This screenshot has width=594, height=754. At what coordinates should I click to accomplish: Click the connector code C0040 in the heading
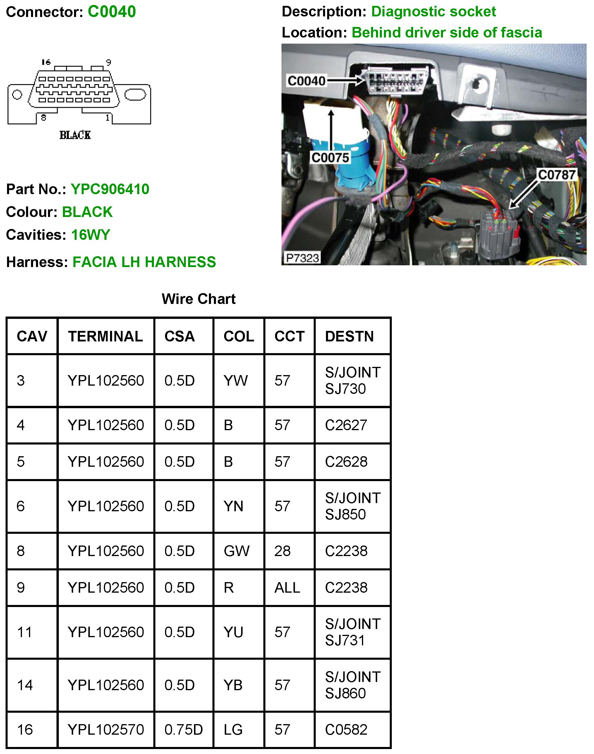[112, 12]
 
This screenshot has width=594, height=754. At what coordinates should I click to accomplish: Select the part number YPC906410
[110, 189]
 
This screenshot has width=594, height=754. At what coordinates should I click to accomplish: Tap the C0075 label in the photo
[330, 158]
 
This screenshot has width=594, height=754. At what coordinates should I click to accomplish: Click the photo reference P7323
[302, 258]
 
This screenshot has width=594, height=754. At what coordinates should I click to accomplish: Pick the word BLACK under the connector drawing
[75, 135]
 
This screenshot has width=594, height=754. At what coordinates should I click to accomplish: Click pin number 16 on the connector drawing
[46, 62]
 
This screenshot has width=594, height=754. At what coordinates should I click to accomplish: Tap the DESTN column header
[349, 336]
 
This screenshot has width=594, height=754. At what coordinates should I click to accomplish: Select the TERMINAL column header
[105, 336]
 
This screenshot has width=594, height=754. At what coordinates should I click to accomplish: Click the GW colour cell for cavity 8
[236, 551]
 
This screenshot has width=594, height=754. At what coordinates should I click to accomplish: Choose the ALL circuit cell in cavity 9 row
[287, 587]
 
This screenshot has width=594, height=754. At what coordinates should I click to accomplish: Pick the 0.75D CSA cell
[183, 729]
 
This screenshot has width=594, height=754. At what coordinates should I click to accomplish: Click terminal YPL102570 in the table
[106, 729]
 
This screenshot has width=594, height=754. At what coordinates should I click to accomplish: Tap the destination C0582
[346, 729]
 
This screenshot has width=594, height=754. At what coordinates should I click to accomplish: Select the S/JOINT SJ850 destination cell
[352, 506]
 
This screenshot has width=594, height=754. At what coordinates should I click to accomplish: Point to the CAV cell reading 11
[24, 632]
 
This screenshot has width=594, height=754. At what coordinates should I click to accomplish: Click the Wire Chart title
[199, 299]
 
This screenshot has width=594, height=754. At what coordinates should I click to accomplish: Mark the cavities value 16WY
[90, 235]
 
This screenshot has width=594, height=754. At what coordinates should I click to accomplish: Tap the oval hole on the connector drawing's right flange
[135, 94]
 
